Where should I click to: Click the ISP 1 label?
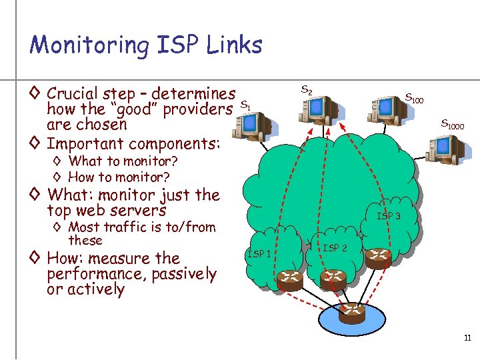259,253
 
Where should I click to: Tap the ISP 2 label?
335,248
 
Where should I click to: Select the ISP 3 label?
389,216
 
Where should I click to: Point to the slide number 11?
467,339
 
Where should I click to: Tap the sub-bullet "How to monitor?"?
119,177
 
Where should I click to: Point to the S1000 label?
453,124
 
